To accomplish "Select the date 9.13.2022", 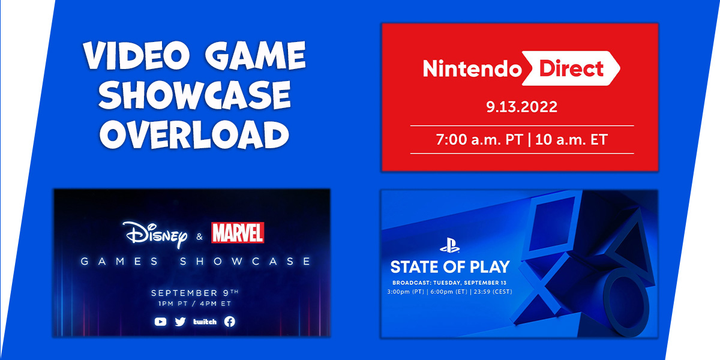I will [x=521, y=108].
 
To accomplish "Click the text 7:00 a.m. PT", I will [x=472, y=140].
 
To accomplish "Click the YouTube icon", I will [x=160, y=322].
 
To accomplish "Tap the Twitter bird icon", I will [x=180, y=322].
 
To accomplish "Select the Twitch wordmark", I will [x=205, y=322].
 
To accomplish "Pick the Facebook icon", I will [x=229, y=322].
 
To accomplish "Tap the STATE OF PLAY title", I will [x=449, y=266].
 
